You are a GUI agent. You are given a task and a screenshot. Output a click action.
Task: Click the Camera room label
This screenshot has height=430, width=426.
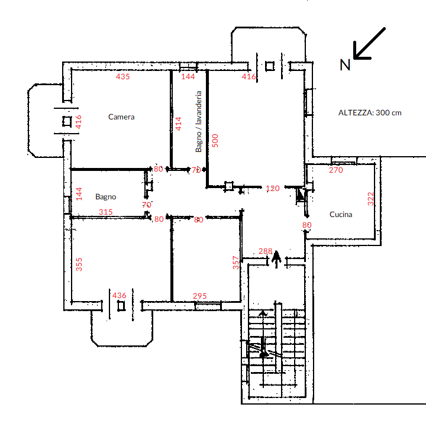(x=121, y=117)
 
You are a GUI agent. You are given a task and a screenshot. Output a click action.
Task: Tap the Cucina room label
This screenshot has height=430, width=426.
(x=341, y=215)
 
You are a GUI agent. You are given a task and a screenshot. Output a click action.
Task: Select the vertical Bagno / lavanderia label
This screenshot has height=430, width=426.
(x=198, y=121)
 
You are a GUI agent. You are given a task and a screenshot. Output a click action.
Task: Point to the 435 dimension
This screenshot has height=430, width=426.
(x=122, y=76)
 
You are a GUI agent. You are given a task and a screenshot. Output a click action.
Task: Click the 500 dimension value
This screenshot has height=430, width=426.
(x=215, y=141)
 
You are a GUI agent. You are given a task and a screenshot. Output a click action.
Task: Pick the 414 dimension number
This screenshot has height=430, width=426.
(x=178, y=124)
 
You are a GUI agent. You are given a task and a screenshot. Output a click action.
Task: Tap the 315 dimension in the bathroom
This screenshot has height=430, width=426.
(x=105, y=212)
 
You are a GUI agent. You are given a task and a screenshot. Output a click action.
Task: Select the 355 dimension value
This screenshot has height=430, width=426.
(x=79, y=264)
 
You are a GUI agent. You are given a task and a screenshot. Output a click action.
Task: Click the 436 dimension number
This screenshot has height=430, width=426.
(x=119, y=295)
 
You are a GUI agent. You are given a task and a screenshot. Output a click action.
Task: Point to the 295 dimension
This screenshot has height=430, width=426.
(x=200, y=296)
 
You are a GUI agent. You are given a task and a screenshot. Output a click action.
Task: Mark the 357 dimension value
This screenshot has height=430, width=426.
(x=235, y=263)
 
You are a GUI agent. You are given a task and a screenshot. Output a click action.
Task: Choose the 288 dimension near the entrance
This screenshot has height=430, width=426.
(x=265, y=251)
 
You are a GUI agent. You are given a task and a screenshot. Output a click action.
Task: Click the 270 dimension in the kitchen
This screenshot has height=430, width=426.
(x=336, y=170)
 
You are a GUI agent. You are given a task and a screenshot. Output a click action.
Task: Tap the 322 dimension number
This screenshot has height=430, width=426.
(x=370, y=199)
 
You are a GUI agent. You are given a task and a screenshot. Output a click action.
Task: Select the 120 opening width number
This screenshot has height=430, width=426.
(x=273, y=189)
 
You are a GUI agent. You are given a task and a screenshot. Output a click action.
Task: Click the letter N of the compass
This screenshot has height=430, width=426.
(x=345, y=65)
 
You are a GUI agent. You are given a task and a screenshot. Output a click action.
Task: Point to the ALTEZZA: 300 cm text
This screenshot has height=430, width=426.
(x=370, y=113)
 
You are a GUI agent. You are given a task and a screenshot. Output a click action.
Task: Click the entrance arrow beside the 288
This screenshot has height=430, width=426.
(x=276, y=259)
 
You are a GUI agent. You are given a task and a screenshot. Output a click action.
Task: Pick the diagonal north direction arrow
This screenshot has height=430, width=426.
(x=369, y=43)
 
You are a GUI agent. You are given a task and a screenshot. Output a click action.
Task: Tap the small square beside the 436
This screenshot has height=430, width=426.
(x=121, y=306)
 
